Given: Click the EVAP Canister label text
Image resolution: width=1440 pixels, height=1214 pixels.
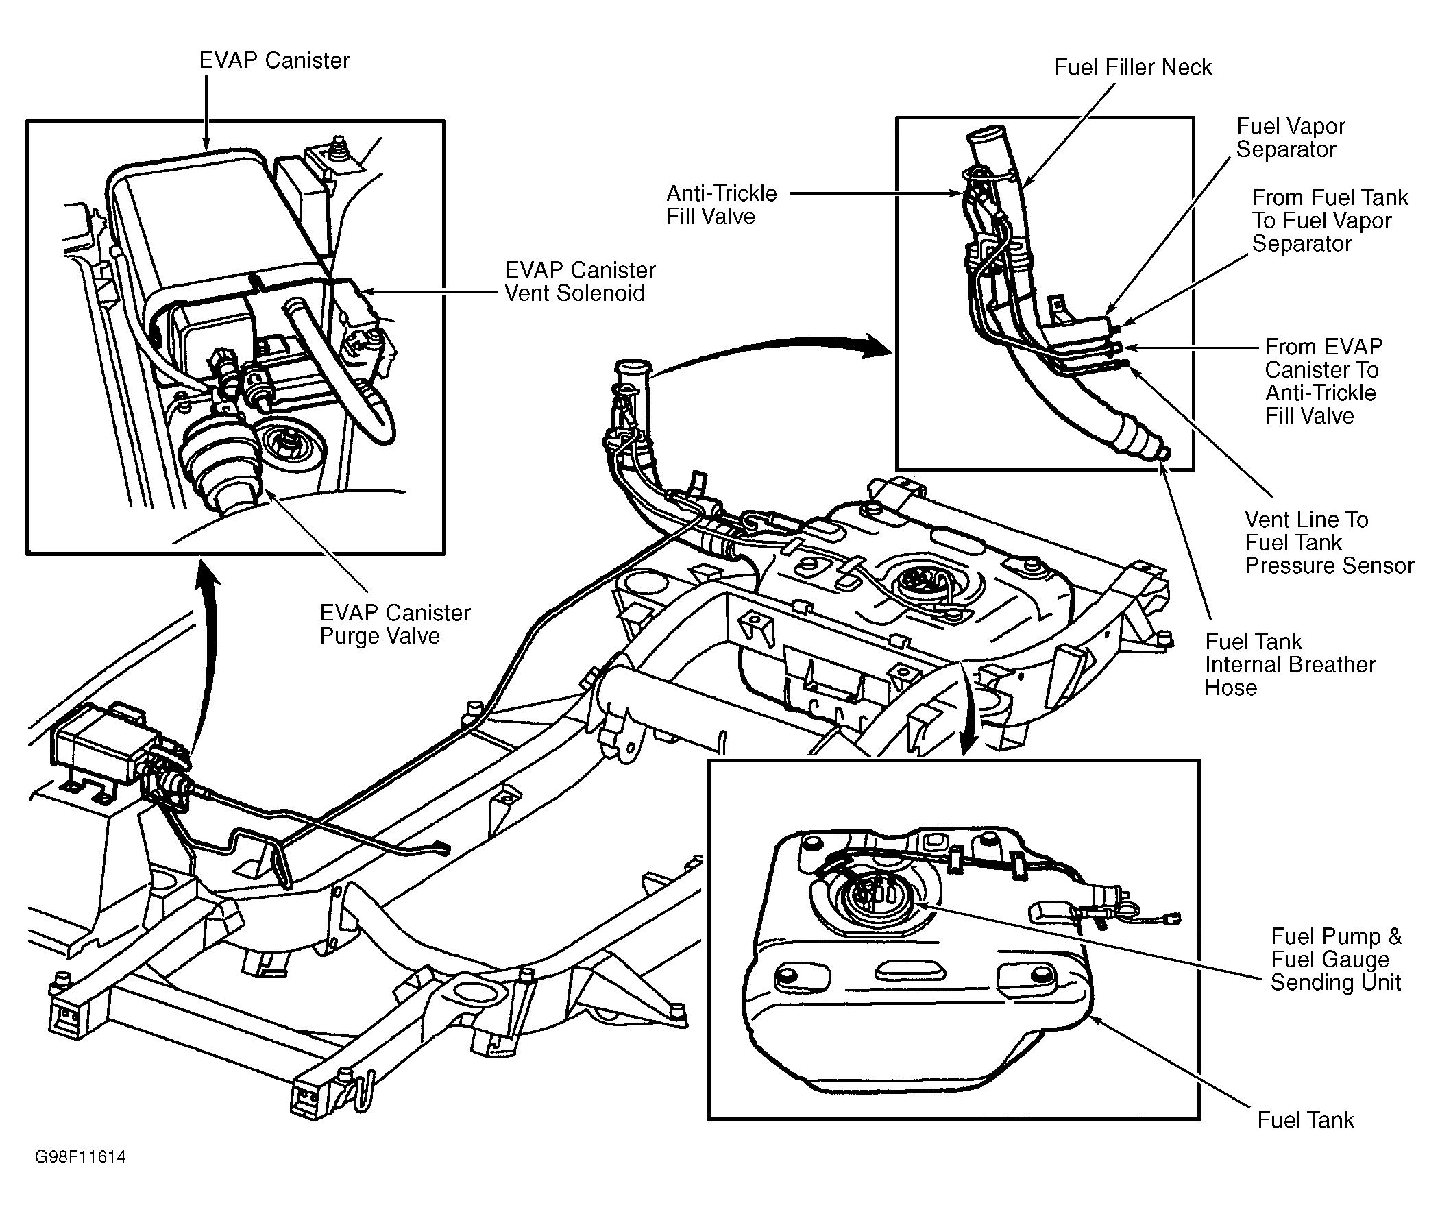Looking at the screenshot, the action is point(275,60).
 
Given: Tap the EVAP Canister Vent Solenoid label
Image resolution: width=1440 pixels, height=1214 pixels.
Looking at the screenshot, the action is point(580,282).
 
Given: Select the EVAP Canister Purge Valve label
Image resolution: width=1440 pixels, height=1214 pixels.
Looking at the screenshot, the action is point(395,624).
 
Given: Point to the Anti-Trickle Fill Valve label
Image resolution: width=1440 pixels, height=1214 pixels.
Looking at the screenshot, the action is point(722,205).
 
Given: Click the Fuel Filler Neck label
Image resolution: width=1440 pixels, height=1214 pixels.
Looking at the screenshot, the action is point(1133,67).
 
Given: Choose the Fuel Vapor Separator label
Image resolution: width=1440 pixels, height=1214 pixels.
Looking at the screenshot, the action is point(1290,138).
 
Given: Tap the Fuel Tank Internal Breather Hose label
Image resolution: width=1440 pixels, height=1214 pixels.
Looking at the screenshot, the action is point(1290,665).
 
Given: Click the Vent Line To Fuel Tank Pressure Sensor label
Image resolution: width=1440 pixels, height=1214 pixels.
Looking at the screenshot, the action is point(1329,542).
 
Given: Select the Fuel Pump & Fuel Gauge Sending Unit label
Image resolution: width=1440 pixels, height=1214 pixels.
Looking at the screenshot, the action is point(1336,960).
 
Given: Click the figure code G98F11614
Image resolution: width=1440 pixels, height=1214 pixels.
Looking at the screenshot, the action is point(80,1157).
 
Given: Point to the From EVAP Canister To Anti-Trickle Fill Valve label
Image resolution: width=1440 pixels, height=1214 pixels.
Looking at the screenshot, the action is point(1323,381).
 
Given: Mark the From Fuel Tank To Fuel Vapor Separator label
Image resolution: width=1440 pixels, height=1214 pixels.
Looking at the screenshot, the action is point(1330,220).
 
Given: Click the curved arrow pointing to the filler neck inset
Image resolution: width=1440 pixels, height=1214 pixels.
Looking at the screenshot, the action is point(770,351).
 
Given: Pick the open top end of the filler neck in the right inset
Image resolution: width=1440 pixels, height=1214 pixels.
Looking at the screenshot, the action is point(992,134).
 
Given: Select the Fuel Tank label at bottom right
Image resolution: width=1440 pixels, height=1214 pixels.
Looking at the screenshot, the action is point(1305,1120).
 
